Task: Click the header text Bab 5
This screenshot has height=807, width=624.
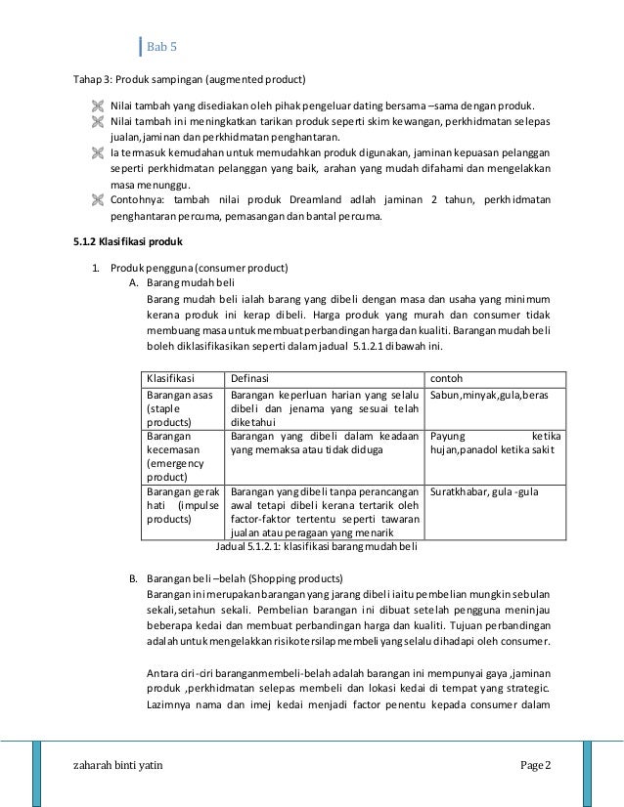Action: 161,47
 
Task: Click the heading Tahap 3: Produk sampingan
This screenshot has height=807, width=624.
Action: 191,79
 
